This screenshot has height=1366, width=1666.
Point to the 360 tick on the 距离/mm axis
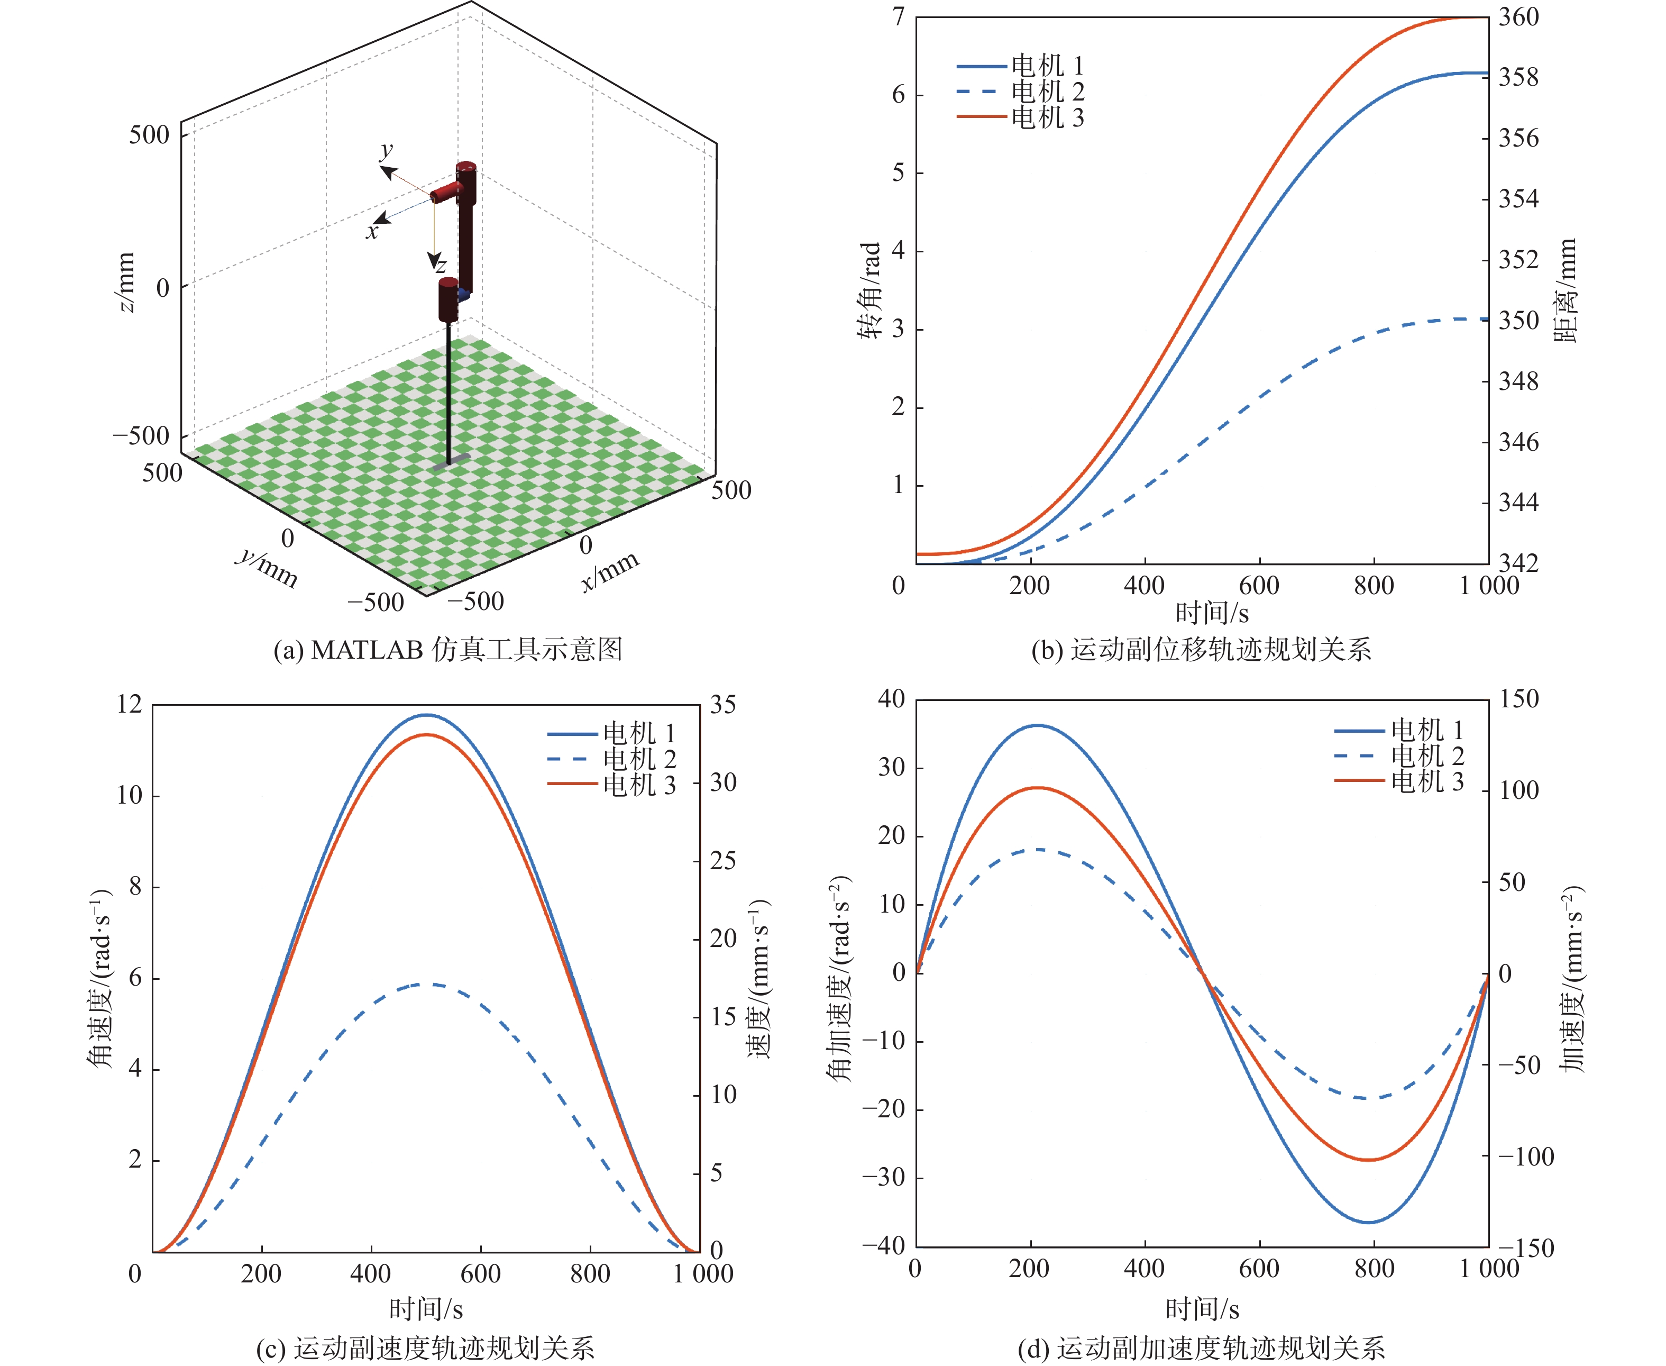coord(1518,17)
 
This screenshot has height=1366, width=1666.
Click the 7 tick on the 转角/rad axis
coord(898,17)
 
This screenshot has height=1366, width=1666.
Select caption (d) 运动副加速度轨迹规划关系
coord(1201,1349)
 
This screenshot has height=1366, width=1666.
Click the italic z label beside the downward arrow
coord(441,265)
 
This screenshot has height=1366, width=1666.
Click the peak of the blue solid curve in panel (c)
coord(426,715)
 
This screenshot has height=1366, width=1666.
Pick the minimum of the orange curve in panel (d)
coord(1369,1160)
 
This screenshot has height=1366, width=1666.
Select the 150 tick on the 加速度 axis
coord(1518,699)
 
